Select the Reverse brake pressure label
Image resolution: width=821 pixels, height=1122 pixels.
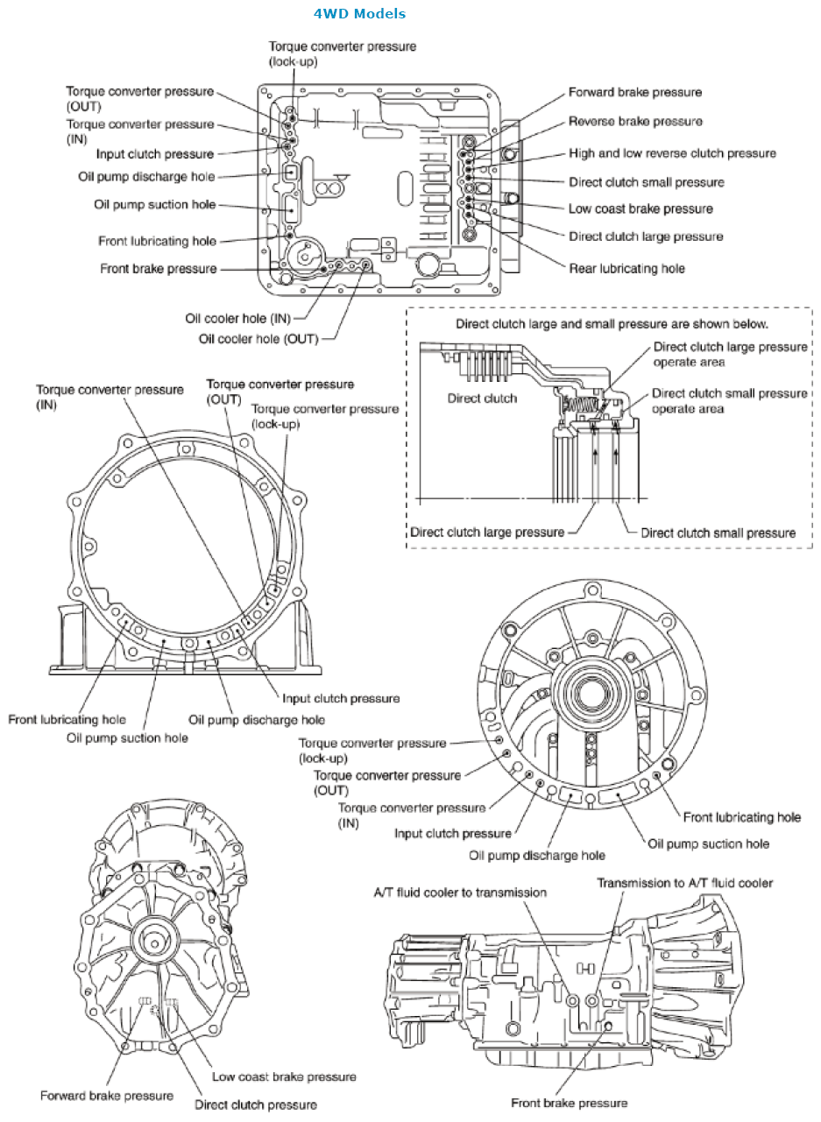[634, 122]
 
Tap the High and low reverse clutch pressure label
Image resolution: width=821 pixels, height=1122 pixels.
[672, 153]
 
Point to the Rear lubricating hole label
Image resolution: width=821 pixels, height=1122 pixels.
[626, 268]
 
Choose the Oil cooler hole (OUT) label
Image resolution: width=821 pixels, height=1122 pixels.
[258, 338]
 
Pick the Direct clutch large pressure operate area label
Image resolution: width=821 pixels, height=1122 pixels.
[729, 354]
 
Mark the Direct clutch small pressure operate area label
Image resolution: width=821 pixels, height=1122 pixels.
[729, 401]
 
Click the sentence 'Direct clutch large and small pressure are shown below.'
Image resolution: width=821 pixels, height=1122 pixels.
[612, 323]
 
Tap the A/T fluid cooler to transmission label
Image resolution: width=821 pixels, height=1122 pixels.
[460, 893]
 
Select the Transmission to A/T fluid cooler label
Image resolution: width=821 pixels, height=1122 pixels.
[685, 883]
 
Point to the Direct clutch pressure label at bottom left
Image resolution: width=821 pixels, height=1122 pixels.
[256, 1104]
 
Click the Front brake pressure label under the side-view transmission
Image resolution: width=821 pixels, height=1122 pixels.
[570, 1103]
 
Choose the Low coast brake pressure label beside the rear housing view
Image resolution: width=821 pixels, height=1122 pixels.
[284, 1076]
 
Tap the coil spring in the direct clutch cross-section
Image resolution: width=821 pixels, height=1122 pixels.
[581, 406]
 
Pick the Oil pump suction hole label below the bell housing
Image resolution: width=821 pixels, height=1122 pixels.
[127, 737]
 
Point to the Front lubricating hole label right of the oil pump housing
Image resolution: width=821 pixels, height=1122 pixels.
[741, 817]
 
